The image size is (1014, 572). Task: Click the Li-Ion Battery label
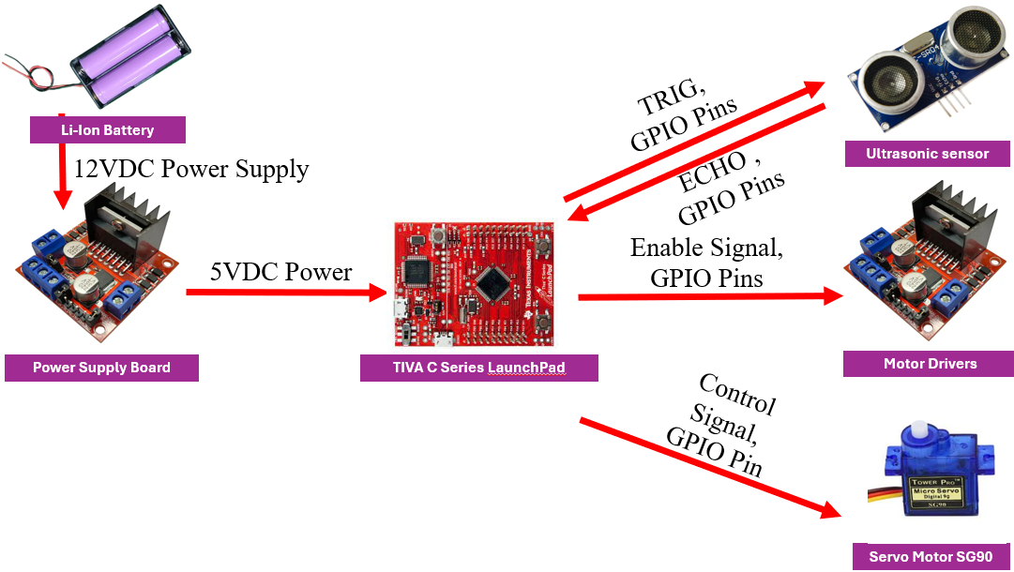coord(107,130)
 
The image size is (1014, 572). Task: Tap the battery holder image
coord(131,58)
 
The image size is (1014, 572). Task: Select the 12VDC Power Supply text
coord(191,169)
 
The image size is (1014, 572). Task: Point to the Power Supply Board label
coord(101,368)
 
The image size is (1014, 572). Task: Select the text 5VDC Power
coord(280,272)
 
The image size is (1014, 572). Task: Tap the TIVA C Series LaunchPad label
coord(478,368)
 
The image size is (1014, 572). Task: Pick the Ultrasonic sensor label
coord(927,154)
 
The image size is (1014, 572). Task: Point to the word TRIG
coord(672,97)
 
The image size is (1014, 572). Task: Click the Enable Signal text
coord(705,248)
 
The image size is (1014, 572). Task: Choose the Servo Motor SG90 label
coord(930,556)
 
